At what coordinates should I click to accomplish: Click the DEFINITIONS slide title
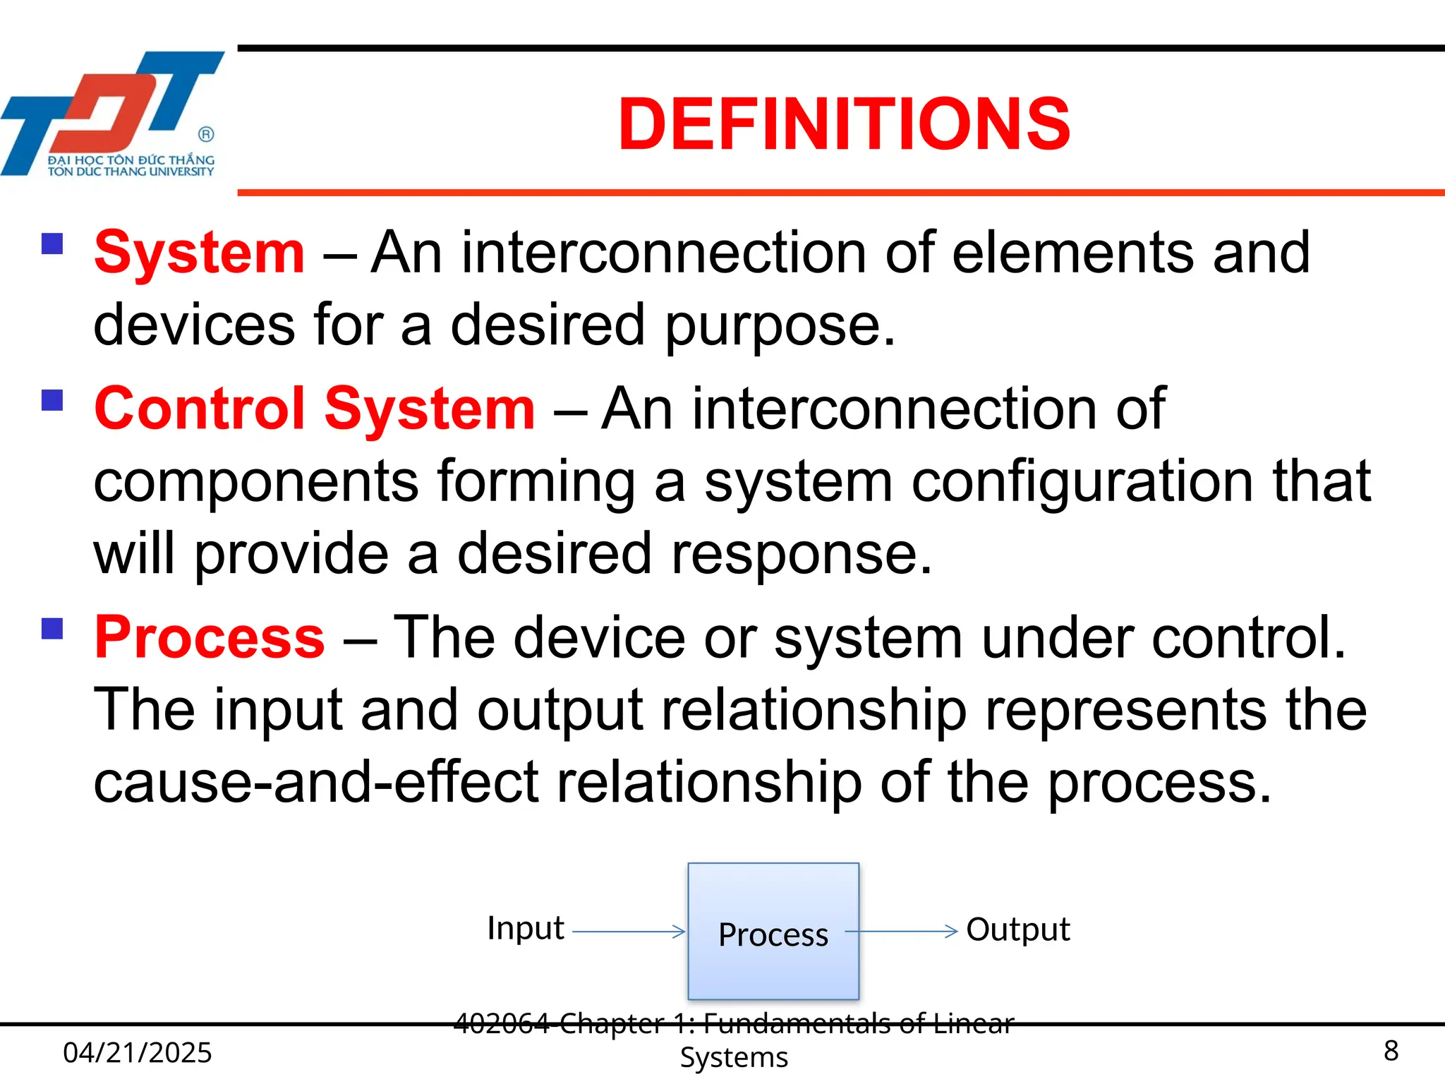[x=844, y=124]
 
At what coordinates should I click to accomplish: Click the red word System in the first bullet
[x=200, y=253]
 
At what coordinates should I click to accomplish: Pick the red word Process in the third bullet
[x=210, y=637]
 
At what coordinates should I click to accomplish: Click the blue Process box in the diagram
[x=773, y=932]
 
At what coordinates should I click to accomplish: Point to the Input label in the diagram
[x=525, y=928]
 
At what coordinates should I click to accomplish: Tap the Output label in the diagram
[x=1017, y=929]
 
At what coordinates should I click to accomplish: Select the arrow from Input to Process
[x=628, y=932]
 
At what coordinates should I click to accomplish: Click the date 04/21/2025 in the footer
[x=138, y=1052]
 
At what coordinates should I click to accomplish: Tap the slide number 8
[x=1391, y=1051]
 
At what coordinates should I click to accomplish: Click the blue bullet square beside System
[x=53, y=244]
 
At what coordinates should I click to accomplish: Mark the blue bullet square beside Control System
[x=53, y=400]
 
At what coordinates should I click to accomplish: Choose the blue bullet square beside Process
[x=53, y=628]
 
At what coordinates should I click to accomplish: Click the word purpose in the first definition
[x=780, y=326]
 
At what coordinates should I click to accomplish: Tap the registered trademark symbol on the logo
[x=206, y=134]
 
